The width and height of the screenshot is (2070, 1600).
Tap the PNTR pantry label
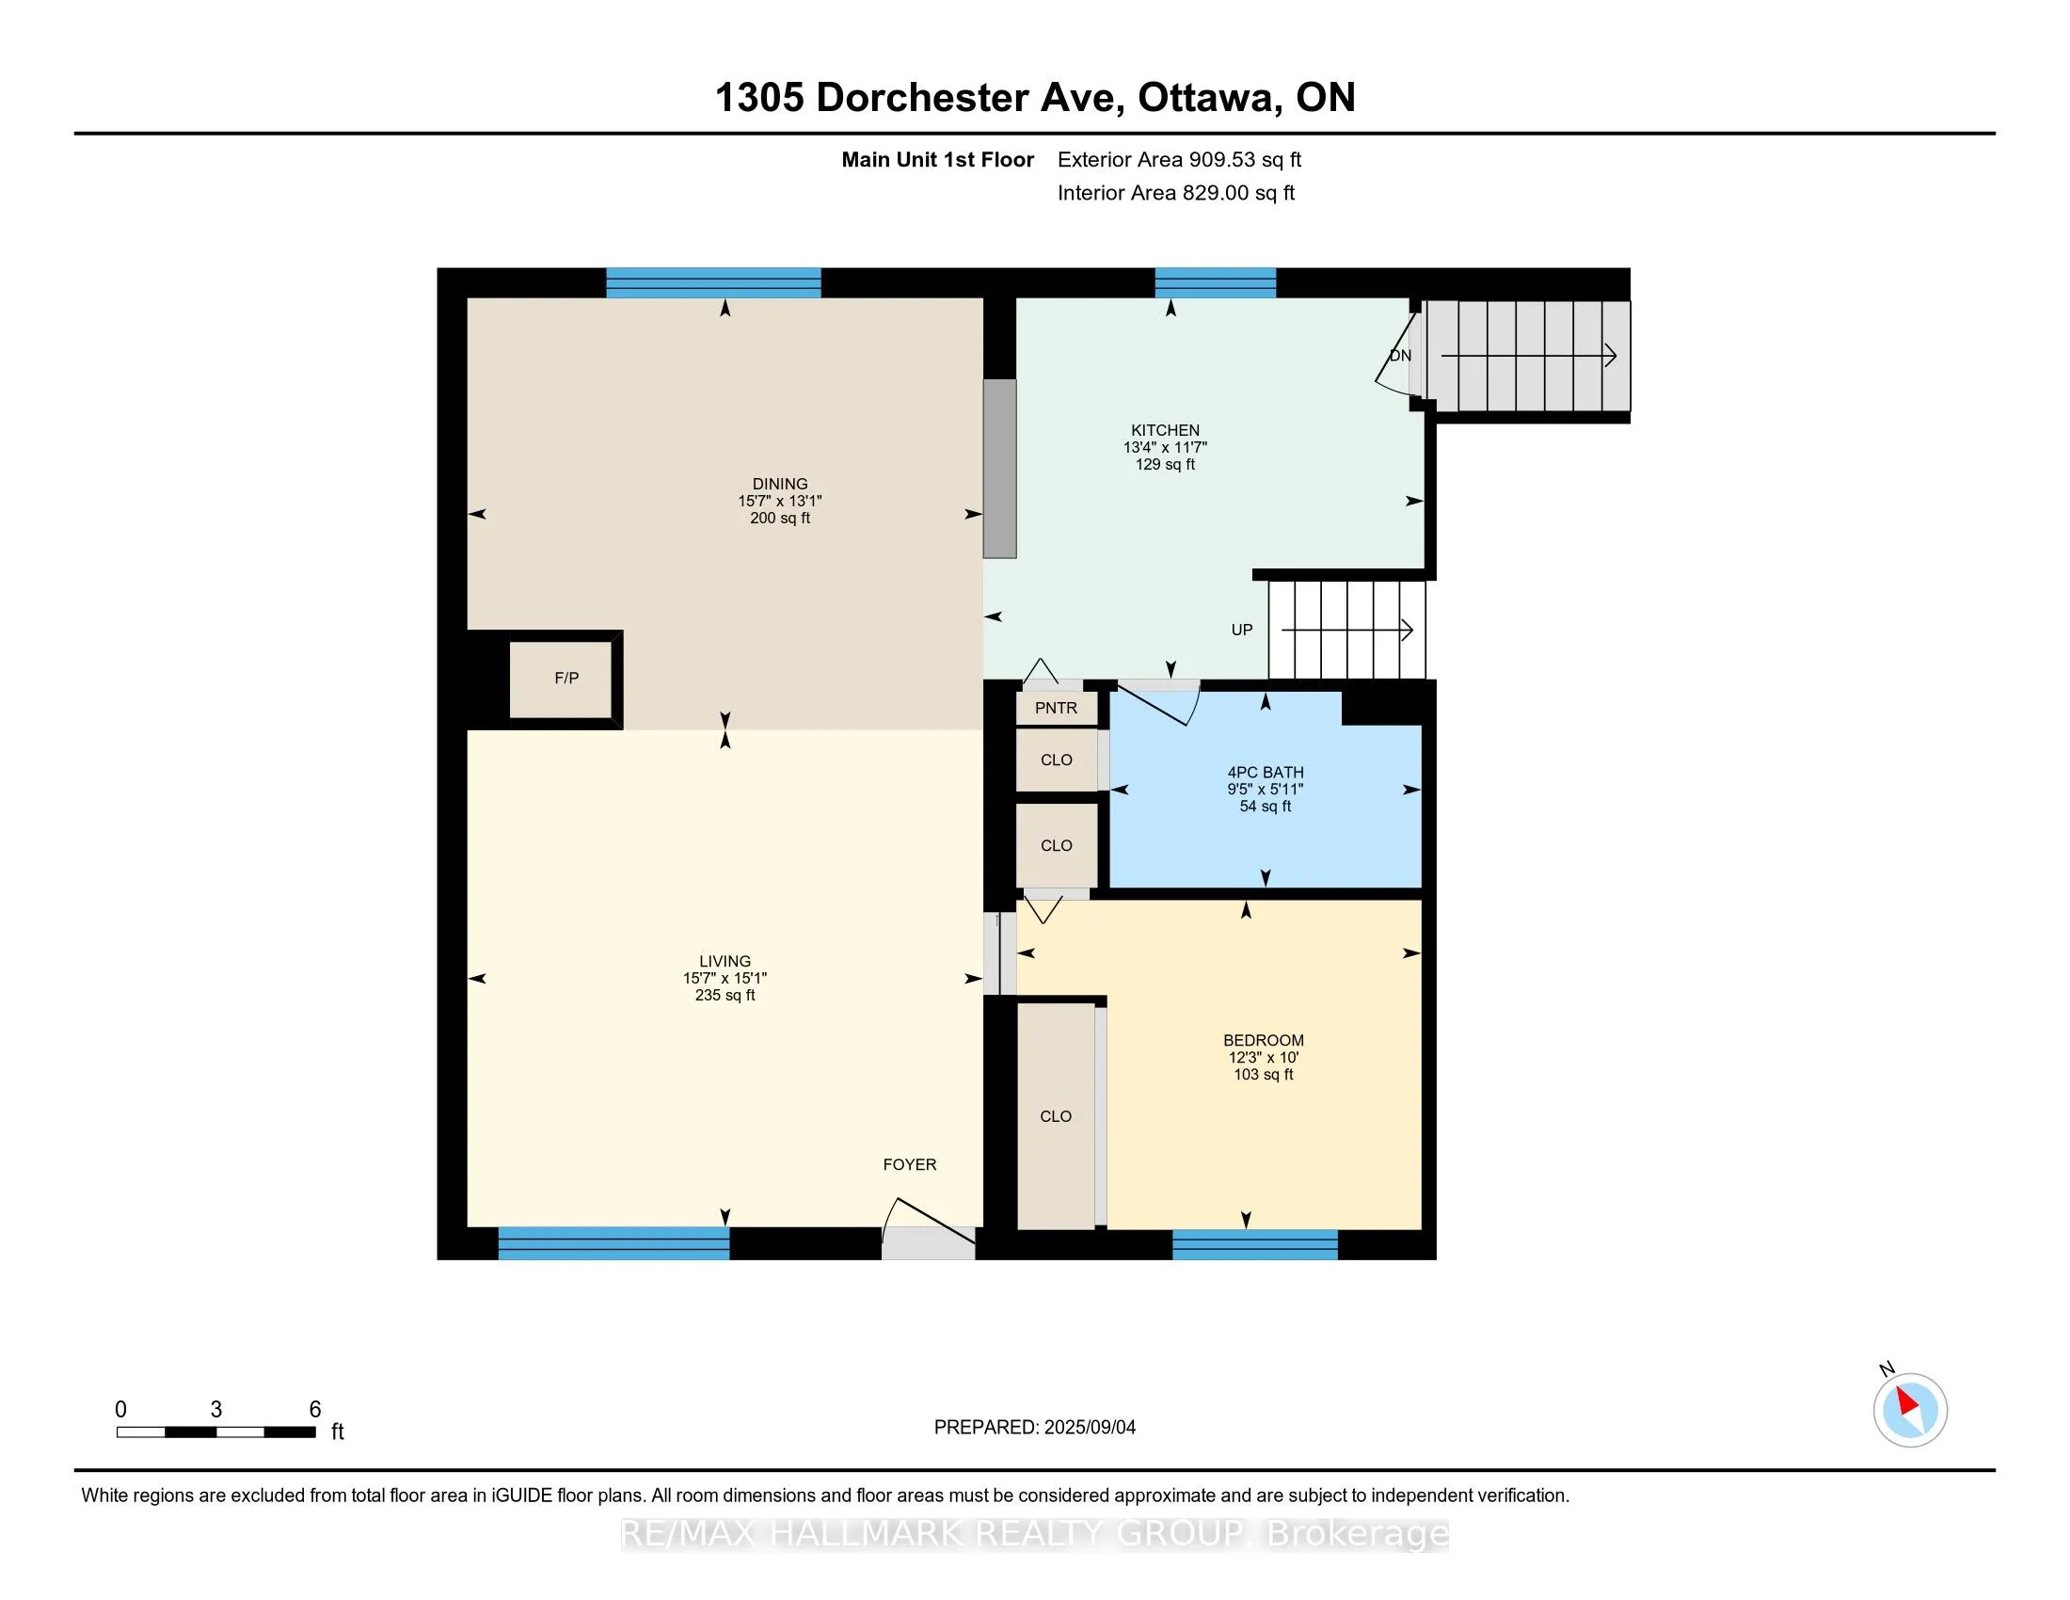[1056, 708]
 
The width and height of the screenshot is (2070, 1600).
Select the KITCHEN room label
[1165, 430]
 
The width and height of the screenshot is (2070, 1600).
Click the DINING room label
[780, 484]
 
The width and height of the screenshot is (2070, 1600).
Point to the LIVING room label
[725, 961]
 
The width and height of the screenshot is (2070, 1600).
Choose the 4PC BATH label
[1266, 773]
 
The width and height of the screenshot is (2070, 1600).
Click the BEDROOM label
[1264, 1040]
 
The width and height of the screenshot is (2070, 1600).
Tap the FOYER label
[910, 1165]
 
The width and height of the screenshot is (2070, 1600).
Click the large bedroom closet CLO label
[1056, 1116]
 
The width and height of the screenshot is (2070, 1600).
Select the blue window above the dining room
[714, 283]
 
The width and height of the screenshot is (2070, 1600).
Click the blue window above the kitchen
[1215, 283]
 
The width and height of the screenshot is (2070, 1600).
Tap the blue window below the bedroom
[1255, 1244]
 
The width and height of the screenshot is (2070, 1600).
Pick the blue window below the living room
[614, 1243]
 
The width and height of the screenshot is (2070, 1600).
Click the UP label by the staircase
[1242, 631]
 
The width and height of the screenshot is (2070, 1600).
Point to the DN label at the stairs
[1400, 356]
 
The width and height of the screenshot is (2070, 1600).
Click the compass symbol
[1910, 1410]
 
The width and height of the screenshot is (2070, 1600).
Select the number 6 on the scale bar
[315, 1410]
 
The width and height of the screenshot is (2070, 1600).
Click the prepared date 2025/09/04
[1089, 1428]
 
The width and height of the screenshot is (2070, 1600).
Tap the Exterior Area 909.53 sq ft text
[1179, 159]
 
